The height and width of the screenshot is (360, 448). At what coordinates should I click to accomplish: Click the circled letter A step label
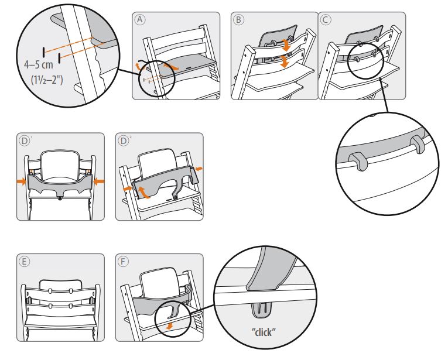tap(139, 19)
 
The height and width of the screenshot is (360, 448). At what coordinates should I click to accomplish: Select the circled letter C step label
tap(327, 19)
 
